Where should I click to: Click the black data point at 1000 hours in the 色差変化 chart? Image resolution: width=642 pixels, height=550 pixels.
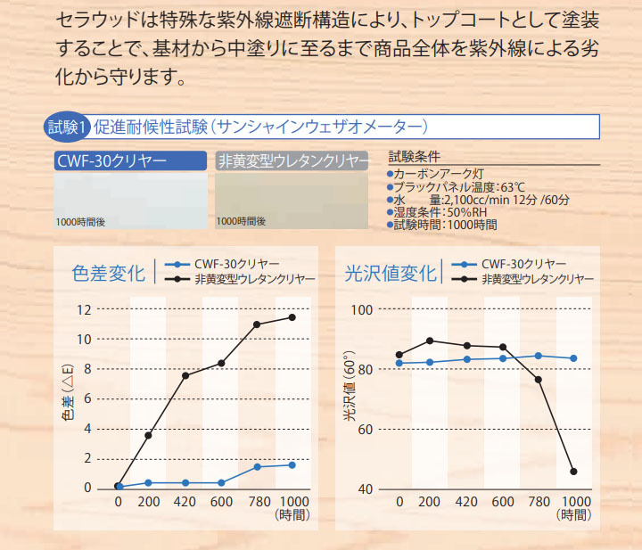[292, 317]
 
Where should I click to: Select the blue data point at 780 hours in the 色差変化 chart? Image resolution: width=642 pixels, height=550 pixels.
[257, 467]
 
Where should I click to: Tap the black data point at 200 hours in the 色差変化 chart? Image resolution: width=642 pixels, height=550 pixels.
[148, 435]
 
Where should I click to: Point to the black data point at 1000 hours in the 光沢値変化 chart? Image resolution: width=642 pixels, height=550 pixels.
[573, 472]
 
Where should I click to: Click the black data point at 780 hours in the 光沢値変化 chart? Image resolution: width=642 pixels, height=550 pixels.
[539, 380]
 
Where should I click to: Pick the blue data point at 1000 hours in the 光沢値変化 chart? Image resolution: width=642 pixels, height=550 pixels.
[573, 358]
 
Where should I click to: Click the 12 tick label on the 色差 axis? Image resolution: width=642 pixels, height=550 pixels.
[84, 310]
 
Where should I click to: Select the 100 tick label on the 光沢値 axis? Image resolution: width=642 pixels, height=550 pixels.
[362, 310]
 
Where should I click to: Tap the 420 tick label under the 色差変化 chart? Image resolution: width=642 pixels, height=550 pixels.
[185, 501]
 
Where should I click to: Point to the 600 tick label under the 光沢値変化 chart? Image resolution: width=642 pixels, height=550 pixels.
[503, 501]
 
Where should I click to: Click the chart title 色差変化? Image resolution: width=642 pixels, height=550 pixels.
[109, 273]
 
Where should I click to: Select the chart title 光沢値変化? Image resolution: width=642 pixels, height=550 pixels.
[391, 273]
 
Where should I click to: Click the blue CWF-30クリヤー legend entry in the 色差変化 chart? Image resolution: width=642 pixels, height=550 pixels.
[222, 265]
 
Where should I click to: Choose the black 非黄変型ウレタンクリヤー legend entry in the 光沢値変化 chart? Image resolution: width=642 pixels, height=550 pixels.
[523, 280]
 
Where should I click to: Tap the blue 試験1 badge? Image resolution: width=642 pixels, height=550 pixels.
[65, 127]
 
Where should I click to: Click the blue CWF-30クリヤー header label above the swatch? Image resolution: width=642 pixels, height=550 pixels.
[130, 160]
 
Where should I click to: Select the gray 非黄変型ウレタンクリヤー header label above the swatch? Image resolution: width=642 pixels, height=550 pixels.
[292, 160]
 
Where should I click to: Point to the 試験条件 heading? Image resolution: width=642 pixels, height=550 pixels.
[415, 156]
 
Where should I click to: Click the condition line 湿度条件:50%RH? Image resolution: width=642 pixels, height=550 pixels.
[437, 212]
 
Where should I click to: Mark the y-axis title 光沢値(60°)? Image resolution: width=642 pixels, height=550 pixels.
[350, 386]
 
